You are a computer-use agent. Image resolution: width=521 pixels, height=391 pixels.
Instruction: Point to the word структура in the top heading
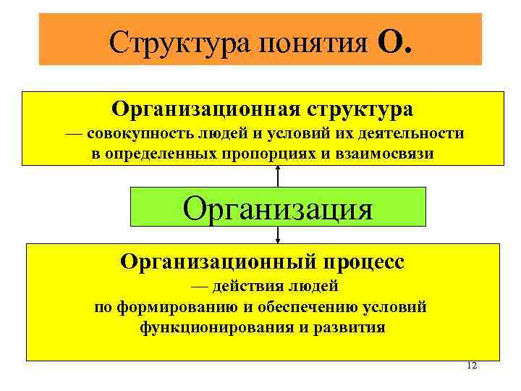(360, 109)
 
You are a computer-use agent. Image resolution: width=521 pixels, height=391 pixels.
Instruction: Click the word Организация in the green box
(278, 209)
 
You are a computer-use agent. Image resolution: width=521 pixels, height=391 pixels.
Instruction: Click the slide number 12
(472, 365)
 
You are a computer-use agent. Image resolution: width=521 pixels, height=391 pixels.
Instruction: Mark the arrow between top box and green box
(278, 176)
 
